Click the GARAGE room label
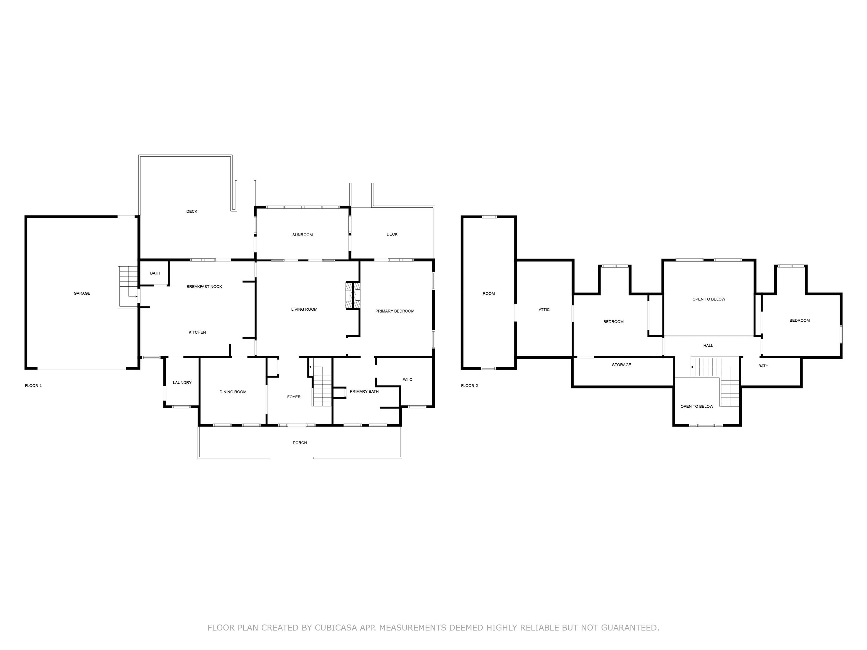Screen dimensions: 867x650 (82, 293)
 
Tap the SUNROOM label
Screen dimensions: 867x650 (303, 235)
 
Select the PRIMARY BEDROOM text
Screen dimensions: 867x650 (395, 311)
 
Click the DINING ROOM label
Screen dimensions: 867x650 (233, 392)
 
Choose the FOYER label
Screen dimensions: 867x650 (294, 397)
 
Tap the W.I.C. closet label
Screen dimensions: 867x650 (408, 380)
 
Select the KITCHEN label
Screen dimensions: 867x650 (197, 333)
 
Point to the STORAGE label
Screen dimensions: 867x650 (622, 365)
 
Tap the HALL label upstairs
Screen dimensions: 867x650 (708, 346)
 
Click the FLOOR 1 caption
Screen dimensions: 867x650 (33, 386)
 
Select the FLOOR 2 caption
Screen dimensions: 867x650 (470, 386)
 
